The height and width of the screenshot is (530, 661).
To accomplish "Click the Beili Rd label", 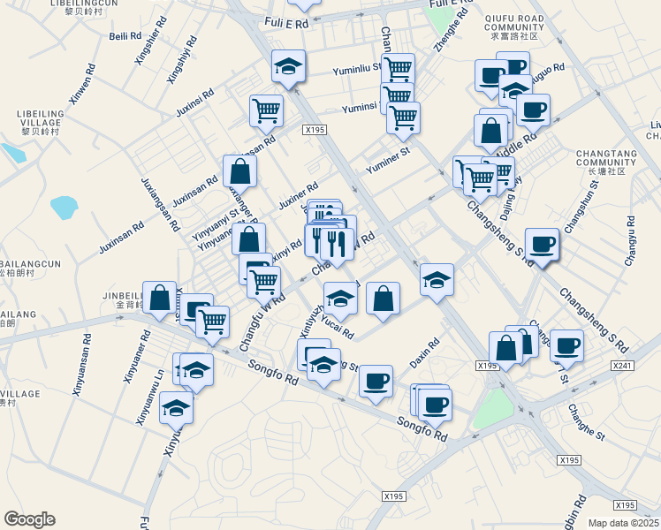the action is [124, 36].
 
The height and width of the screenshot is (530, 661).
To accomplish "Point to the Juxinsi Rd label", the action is [196, 103].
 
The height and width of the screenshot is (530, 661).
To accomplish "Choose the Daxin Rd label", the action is [424, 355].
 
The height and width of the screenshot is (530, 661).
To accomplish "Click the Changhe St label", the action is [586, 421].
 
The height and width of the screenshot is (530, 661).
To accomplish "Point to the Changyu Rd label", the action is [629, 241].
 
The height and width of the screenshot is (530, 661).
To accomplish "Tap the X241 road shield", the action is [622, 365].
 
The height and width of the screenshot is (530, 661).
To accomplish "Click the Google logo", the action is [29, 519].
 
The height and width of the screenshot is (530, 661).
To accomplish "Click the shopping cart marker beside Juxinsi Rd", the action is [265, 112].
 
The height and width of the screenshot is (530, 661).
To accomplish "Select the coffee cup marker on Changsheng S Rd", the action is [542, 244].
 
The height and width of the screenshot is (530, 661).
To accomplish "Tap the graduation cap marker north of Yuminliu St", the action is [289, 67].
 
